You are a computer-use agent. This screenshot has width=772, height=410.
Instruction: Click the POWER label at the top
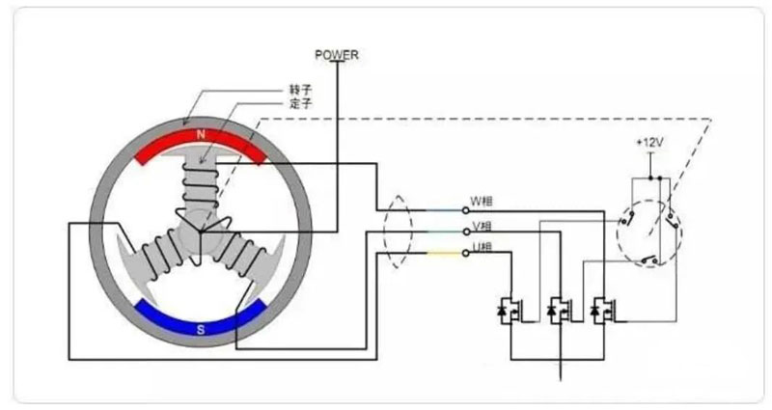click(337, 55)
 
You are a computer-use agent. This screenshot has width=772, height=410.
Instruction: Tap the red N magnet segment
click(201, 145)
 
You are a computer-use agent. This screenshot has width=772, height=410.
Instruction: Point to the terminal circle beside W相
click(462, 207)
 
